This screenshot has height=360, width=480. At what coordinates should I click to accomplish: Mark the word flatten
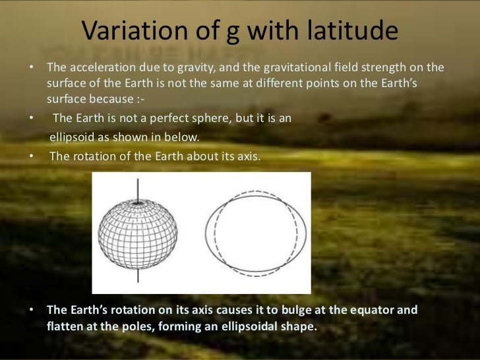pos(67,326)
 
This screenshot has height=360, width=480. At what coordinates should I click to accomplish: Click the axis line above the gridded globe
pos(138,189)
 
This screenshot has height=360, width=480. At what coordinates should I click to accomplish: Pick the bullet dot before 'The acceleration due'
pos(32,69)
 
